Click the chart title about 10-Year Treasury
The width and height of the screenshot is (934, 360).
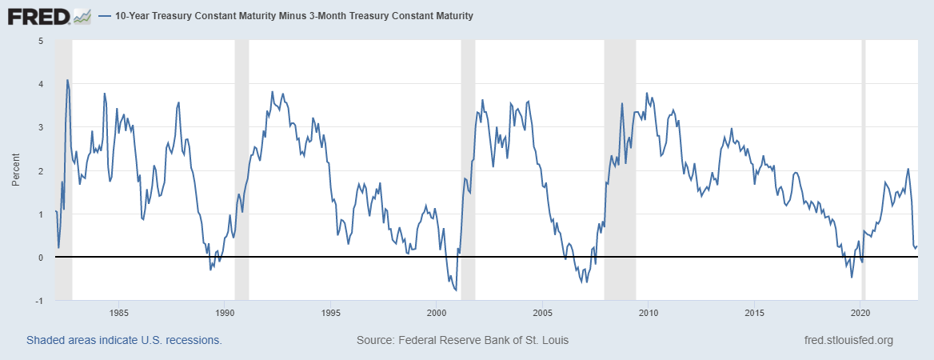294,15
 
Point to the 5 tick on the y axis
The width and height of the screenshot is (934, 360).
41,40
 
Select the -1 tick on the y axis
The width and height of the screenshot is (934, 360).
39,301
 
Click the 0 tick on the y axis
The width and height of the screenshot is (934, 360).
41,258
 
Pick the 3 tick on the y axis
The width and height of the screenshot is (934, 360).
41,127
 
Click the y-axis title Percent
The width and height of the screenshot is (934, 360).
16,170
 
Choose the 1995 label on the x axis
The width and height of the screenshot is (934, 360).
331,312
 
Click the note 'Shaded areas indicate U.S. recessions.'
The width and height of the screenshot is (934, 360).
124,340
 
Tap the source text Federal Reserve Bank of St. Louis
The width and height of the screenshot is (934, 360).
462,340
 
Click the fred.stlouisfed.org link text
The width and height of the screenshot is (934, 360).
848,340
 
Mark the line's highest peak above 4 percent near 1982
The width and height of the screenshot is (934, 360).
67,80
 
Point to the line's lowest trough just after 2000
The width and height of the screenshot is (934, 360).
455,290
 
